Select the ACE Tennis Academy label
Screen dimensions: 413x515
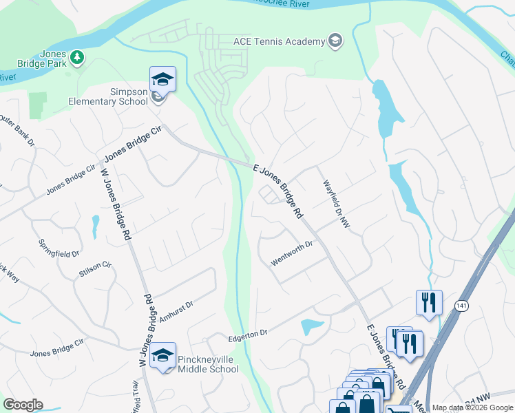pos(279,41)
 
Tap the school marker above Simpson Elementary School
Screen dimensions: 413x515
pos(162,79)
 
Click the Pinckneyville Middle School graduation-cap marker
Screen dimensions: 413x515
pos(163,355)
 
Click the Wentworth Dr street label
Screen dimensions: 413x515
pos(293,254)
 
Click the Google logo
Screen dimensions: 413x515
pos(23,405)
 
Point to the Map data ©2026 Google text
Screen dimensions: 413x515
pos(472,408)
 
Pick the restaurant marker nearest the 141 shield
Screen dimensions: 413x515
pos(428,302)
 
